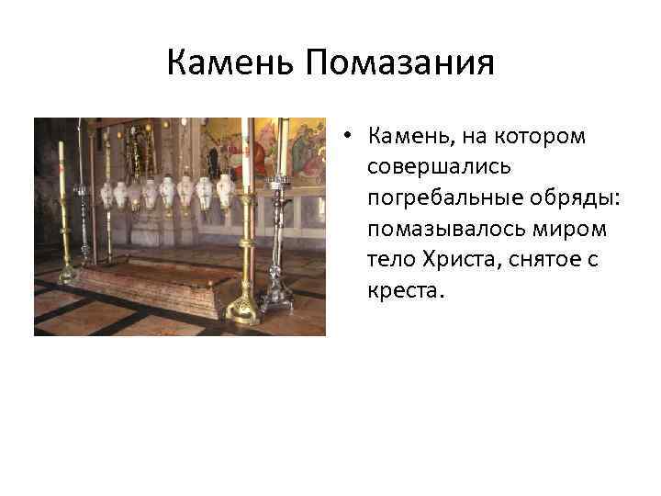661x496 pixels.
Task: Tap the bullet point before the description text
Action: (350, 138)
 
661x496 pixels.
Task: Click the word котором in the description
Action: (545, 138)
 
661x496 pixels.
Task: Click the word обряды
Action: (559, 199)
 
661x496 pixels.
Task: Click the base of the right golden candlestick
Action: (244, 310)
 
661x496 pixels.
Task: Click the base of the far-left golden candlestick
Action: (67, 273)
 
